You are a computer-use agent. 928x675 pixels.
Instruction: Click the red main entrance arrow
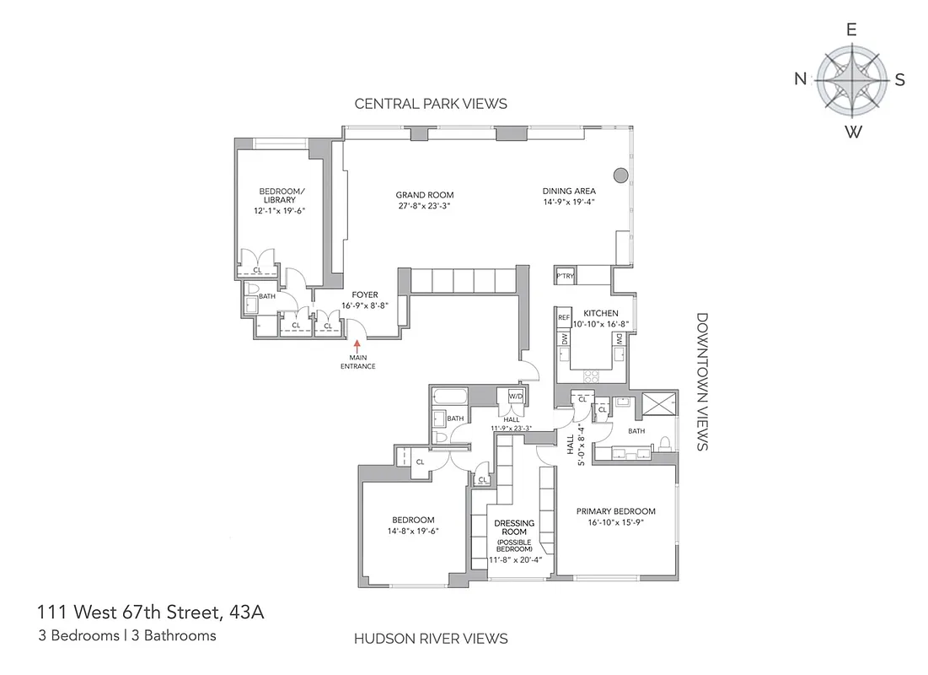click(357, 344)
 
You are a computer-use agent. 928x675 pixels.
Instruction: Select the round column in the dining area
click(620, 175)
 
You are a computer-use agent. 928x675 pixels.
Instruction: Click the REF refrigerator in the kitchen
click(564, 318)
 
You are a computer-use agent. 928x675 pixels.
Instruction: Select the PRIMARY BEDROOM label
click(615, 511)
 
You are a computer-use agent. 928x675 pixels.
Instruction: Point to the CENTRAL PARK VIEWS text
click(431, 104)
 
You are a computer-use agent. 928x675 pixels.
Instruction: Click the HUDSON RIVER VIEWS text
click(430, 639)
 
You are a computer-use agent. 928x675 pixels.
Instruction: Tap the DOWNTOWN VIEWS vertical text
click(702, 382)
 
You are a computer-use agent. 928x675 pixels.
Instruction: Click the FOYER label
click(365, 294)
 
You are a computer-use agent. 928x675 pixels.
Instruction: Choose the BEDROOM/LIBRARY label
click(282, 195)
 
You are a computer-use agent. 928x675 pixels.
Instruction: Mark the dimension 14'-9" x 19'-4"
click(569, 202)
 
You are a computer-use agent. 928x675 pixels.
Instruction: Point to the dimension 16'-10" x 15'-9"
click(615, 523)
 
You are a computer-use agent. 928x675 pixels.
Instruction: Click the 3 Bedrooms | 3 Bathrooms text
click(126, 635)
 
